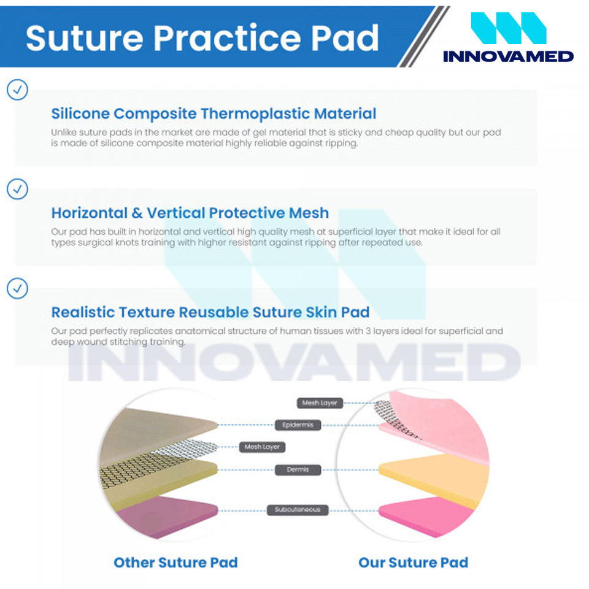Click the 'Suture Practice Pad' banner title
point(202,38)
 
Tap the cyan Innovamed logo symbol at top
point(508,28)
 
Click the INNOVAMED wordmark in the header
point(508,56)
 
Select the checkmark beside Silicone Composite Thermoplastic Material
point(17,90)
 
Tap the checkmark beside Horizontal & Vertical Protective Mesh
point(17,189)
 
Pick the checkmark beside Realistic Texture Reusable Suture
point(17,288)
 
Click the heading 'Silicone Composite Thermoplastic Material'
point(214,114)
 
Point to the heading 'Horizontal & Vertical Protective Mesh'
point(190,213)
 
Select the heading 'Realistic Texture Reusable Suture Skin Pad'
point(210,312)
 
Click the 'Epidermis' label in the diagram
point(298,425)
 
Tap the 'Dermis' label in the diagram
point(298,469)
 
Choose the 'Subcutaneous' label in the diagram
point(298,510)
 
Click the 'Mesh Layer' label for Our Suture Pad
point(320,402)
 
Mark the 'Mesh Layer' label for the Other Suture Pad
point(262,447)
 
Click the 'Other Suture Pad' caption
point(176,563)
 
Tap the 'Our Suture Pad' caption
point(413,563)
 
